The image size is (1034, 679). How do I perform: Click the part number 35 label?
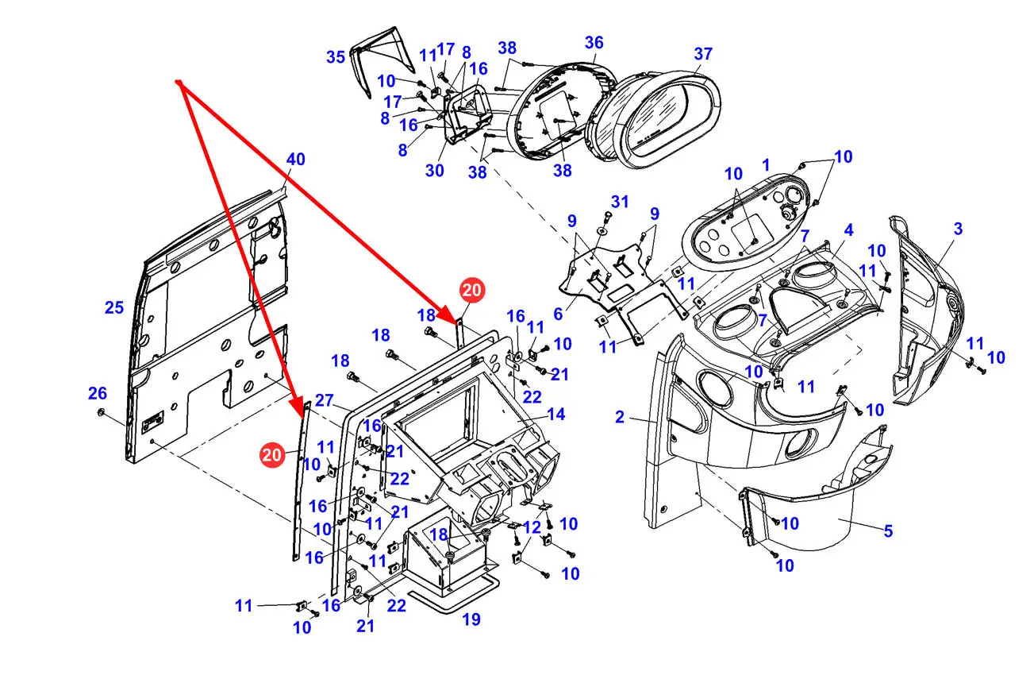(336, 57)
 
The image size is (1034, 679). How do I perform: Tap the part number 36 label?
(594, 43)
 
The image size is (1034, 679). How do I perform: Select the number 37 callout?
(703, 53)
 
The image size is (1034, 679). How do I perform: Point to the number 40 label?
(295, 159)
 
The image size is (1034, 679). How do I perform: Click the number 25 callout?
(114, 307)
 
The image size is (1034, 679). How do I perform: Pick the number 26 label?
(98, 393)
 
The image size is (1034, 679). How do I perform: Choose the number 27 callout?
(324, 400)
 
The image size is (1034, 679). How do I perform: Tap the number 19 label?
(471, 619)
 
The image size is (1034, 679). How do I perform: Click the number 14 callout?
(555, 414)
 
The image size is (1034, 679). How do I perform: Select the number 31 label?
(620, 202)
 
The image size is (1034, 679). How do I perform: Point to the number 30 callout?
(434, 171)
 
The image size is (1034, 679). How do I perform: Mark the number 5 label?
(888, 530)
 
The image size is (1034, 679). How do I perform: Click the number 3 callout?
(959, 229)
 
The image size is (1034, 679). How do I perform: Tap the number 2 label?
(620, 417)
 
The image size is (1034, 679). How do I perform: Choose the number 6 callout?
(558, 314)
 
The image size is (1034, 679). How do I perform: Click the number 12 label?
(532, 527)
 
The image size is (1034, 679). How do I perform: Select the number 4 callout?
(849, 230)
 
